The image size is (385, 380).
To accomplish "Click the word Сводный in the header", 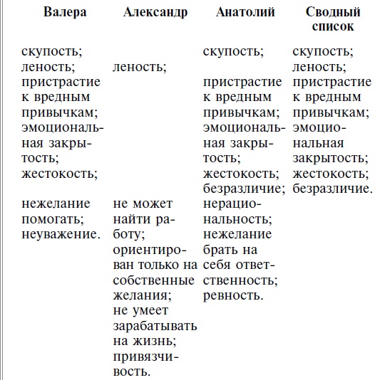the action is (332, 13).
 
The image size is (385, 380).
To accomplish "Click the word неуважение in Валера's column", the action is (60, 233).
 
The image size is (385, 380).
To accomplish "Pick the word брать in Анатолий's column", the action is (220, 249).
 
